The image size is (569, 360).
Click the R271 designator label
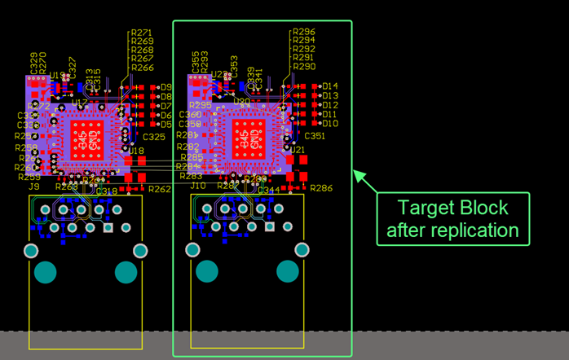pyautogui.click(x=142, y=33)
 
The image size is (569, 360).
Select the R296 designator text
pyautogui.click(x=303, y=32)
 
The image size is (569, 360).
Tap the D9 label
pyautogui.click(x=166, y=86)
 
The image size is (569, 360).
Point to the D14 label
pyautogui.click(x=330, y=86)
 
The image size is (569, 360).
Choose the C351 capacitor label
pyautogui.click(x=314, y=136)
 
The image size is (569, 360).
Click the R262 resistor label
pyautogui.click(x=160, y=189)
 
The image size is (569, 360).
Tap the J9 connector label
pyautogui.click(x=33, y=187)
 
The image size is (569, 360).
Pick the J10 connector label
pyautogui.click(x=198, y=186)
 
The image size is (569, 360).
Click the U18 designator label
pyautogui.click(x=136, y=151)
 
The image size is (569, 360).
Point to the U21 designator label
pyautogui.click(x=298, y=150)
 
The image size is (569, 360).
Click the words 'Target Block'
pyautogui.click(x=452, y=207)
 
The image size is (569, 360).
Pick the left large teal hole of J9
pyautogui.click(x=46, y=271)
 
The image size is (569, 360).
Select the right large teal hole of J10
pyautogui.click(x=287, y=271)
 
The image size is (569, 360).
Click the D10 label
pyautogui.click(x=330, y=124)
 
